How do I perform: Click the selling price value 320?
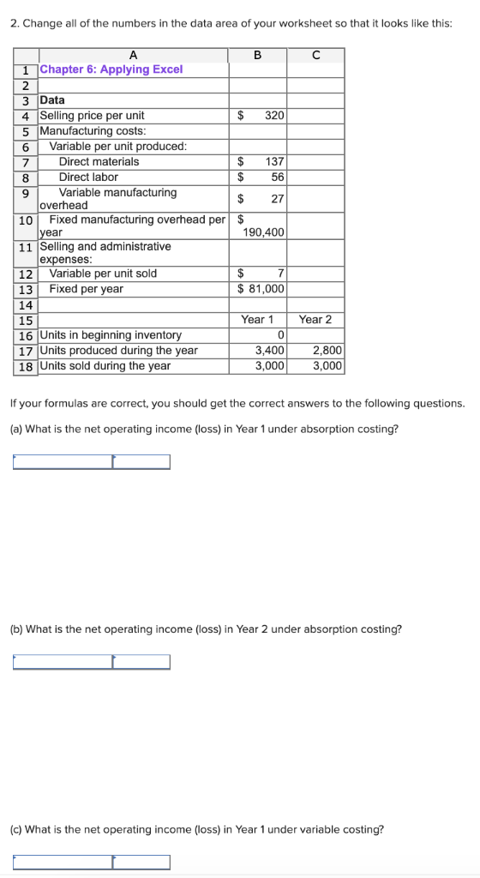[x=274, y=115]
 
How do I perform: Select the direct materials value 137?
[x=274, y=161]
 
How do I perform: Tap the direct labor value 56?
[x=277, y=177]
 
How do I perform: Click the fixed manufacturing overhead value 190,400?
[x=264, y=232]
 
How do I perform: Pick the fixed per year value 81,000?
[x=266, y=289]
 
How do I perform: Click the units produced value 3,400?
[x=270, y=350]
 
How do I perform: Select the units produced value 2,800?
[x=327, y=350]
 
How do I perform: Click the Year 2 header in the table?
[x=315, y=320]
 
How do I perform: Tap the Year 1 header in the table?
[x=257, y=320]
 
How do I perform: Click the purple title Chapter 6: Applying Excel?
[x=111, y=69]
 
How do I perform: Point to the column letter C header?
[x=315, y=55]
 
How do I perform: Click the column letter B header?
[x=257, y=55]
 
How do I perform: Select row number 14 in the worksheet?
[x=26, y=304]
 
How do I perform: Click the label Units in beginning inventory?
[x=111, y=334]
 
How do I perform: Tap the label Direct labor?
[x=88, y=177]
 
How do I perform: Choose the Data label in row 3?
[x=52, y=99]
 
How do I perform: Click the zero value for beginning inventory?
[x=280, y=334]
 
